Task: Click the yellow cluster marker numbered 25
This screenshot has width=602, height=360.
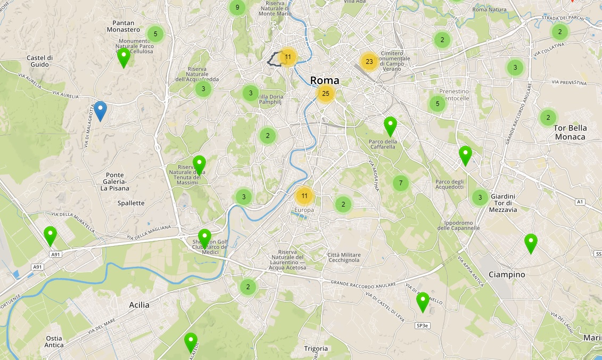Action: pyautogui.click(x=326, y=94)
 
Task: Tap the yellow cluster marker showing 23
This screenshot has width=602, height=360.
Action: pyautogui.click(x=369, y=62)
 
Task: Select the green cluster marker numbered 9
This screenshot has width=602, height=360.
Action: pyautogui.click(x=237, y=7)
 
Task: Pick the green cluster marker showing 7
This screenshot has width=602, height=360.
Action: pyautogui.click(x=400, y=183)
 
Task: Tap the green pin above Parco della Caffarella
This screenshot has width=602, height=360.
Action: pyautogui.click(x=390, y=126)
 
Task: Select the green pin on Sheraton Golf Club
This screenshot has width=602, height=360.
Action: pyautogui.click(x=204, y=238)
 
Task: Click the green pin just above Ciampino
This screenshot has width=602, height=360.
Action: pyautogui.click(x=530, y=243)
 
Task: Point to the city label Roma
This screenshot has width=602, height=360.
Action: pyautogui.click(x=324, y=80)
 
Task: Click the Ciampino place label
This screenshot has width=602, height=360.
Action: pyautogui.click(x=507, y=275)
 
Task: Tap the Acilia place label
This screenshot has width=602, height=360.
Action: pyautogui.click(x=139, y=305)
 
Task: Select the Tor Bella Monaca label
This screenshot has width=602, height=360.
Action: pyautogui.click(x=570, y=132)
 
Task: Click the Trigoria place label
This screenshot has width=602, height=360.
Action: pyautogui.click(x=316, y=349)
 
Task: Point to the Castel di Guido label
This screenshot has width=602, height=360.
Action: pyautogui.click(x=40, y=61)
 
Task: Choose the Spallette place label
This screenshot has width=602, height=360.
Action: pyautogui.click(x=131, y=203)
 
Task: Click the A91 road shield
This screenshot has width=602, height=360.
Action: pyautogui.click(x=37, y=267)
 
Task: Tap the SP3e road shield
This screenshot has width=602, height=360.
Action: pyautogui.click(x=423, y=325)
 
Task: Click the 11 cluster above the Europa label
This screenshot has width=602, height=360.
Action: pyautogui.click(x=304, y=196)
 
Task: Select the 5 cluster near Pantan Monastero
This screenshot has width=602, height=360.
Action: pyautogui.click(x=155, y=34)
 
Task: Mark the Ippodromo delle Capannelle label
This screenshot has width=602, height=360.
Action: pyautogui.click(x=458, y=225)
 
